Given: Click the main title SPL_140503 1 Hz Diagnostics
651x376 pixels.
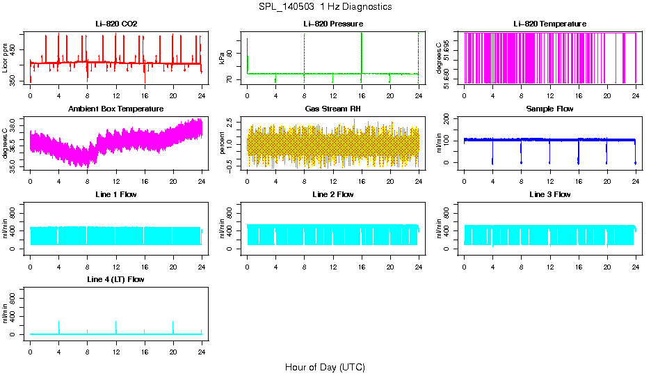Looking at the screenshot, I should click(325, 7).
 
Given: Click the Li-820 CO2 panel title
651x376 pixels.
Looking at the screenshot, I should click(116, 24).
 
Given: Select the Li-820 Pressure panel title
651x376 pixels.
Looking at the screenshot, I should click(332, 24).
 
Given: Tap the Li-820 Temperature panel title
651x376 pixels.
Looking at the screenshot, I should click(549, 24).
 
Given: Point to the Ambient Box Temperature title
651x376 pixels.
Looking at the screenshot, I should click(116, 109).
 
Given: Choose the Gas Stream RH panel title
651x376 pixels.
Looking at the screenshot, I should click(332, 109).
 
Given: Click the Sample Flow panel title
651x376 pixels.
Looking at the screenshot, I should click(549, 109).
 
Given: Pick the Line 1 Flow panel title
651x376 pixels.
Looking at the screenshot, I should click(116, 194).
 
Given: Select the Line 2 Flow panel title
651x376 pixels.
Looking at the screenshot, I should click(332, 194).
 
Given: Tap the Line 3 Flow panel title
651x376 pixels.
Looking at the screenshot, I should click(549, 194).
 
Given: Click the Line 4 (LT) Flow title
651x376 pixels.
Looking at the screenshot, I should click(116, 279).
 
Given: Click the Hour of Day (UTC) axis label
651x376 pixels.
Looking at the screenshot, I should click(325, 367).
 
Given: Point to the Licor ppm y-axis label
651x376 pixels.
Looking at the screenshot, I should click(6, 58).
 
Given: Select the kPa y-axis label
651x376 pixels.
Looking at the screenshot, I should click(223, 58).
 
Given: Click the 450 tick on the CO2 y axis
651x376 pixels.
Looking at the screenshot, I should click(15, 48).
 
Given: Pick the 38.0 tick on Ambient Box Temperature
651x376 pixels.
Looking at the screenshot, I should click(15, 120).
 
